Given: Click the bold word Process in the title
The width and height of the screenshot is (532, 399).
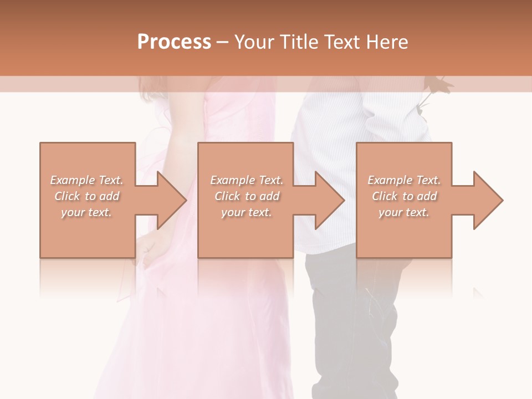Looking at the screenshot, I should tap(174, 42).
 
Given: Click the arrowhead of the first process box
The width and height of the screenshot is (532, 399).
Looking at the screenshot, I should tap(172, 200).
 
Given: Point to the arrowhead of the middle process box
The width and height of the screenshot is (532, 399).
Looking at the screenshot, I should tap(330, 200).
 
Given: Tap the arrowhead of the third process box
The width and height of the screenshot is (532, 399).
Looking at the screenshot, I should tap(488, 200).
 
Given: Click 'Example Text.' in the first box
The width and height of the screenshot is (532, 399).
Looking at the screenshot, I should tap(87, 180).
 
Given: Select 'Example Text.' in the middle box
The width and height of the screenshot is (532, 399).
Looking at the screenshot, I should tap(247, 180).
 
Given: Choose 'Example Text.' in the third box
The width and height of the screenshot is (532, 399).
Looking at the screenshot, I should tap(404, 180).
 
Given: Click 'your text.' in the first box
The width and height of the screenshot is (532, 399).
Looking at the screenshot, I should tap(86, 212).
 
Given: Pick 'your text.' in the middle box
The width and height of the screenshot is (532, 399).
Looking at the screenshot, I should tap(246, 212).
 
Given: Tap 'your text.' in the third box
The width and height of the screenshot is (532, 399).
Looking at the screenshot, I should tap(404, 212).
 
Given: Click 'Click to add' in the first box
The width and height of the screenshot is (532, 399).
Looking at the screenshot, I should tap(87, 196).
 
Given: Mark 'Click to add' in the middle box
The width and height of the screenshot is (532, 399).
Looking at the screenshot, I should tap(247, 196).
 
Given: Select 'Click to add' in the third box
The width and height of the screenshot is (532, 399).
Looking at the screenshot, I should tap(404, 196).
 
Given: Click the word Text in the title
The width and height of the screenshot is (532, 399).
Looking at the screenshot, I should tap(342, 42).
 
